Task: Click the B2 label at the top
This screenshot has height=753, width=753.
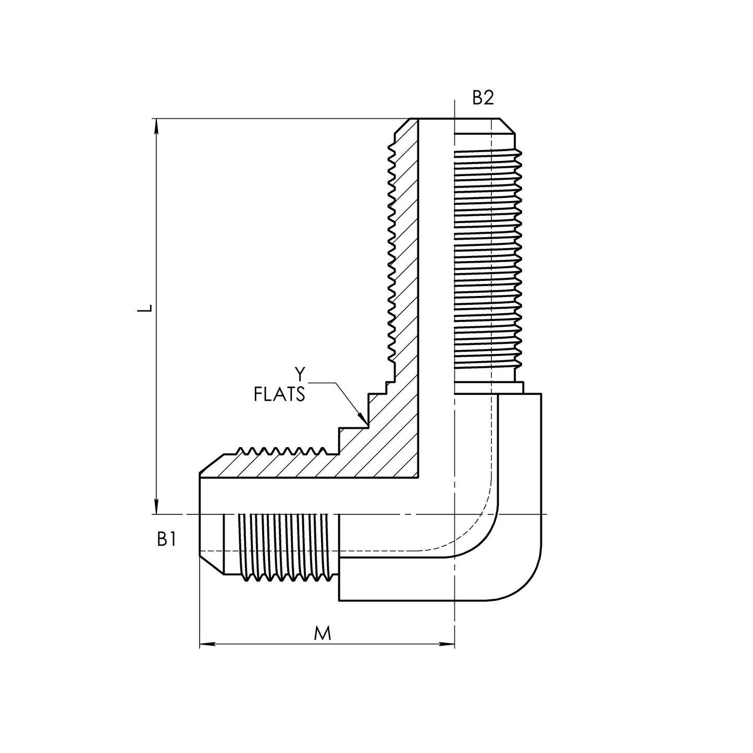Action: click(483, 98)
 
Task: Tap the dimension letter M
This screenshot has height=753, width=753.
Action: click(323, 634)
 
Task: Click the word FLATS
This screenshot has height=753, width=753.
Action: click(279, 394)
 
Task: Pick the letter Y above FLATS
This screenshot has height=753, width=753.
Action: click(299, 374)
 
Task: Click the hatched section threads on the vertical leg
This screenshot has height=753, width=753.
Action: click(396, 250)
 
